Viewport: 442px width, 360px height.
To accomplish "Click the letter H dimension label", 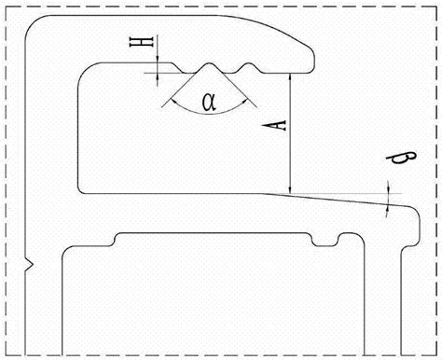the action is (x=142, y=42).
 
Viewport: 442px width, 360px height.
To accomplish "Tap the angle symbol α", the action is (x=209, y=102).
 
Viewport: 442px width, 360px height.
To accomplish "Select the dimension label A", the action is (x=274, y=126).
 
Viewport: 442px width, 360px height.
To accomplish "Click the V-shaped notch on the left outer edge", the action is (x=29, y=265).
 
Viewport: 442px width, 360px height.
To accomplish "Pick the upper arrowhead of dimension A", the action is (x=290, y=77).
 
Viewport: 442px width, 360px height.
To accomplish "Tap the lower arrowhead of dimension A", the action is (x=290, y=189).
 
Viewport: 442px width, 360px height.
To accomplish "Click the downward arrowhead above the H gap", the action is (x=158, y=59).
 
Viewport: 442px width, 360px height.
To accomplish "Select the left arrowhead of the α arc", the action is (x=174, y=103).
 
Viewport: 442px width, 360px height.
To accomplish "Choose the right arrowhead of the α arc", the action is (x=244, y=102).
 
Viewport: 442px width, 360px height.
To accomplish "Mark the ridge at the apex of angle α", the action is (x=210, y=65).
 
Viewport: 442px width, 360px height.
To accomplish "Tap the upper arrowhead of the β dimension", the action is (x=388, y=189).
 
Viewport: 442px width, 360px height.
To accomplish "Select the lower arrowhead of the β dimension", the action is (x=387, y=209).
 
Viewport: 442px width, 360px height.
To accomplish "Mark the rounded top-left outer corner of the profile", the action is (x=30, y=24).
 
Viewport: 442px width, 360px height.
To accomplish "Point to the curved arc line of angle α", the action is (x=210, y=113).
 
